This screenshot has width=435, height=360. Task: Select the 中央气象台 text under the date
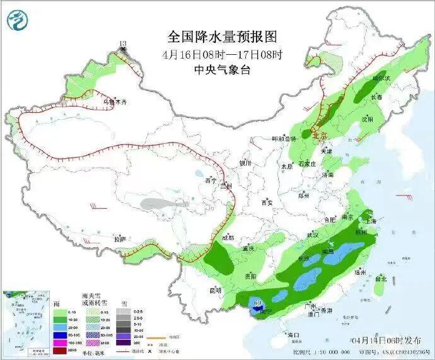click(x=222, y=70)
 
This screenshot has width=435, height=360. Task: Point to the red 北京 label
click(x=320, y=135)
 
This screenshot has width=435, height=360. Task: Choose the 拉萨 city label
click(x=120, y=240)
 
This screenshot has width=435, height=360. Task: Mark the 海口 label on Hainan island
click(x=292, y=334)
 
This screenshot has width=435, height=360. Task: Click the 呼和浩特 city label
click(x=283, y=139)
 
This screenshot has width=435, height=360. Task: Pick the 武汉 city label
click(x=311, y=235)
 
